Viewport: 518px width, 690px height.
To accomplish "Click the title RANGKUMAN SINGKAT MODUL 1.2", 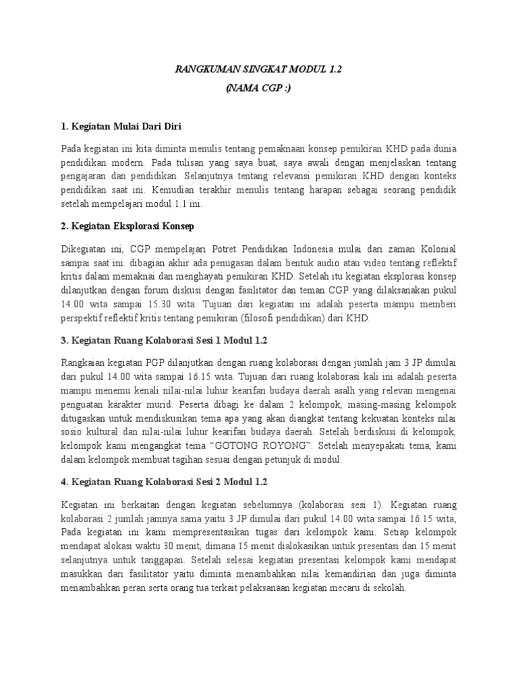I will coord(258,69).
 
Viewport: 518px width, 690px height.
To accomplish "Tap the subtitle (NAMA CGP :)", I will coord(258,89).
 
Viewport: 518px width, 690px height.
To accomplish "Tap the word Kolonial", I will coord(433,250).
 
